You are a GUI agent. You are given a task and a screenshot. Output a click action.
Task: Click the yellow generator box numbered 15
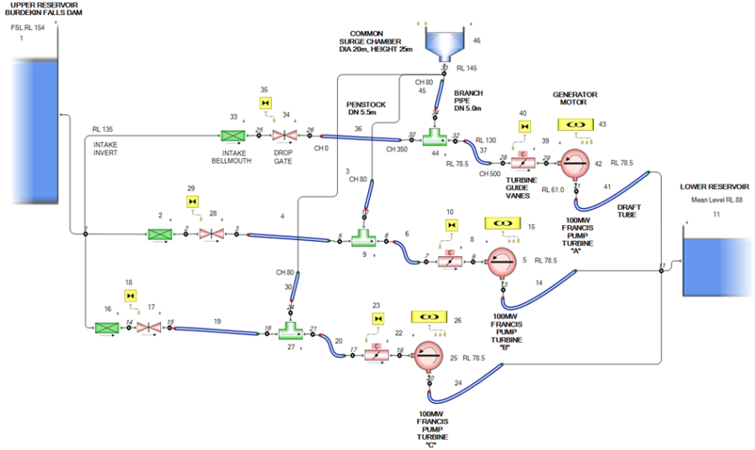click(x=503, y=226)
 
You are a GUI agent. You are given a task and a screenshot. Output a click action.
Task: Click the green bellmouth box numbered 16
click(x=107, y=327)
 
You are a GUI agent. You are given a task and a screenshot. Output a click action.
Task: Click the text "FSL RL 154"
click(x=27, y=28)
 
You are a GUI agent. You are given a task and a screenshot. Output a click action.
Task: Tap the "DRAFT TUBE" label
click(x=628, y=210)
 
